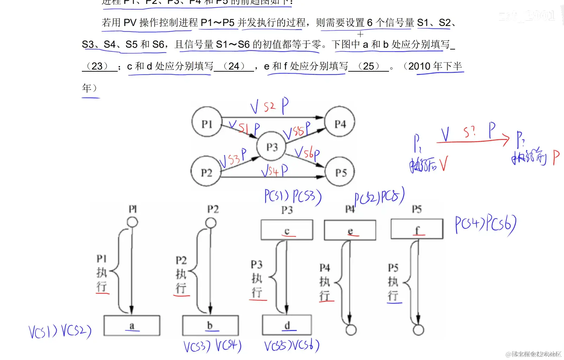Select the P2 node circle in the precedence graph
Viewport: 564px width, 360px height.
(x=206, y=172)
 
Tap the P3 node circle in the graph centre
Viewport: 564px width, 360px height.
(x=272, y=146)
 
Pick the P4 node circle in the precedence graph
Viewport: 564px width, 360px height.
(x=340, y=122)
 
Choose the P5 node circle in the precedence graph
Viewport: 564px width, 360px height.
(x=340, y=172)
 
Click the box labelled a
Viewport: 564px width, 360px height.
(x=132, y=326)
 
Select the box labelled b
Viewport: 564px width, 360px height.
(x=210, y=326)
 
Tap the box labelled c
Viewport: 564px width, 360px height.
(x=287, y=230)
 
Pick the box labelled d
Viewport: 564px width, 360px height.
(x=287, y=325)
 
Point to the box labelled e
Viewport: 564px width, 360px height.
(x=350, y=230)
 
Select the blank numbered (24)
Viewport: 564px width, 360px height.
(x=234, y=66)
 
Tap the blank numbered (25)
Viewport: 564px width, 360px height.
(x=369, y=66)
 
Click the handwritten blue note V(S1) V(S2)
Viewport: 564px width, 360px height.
(x=60, y=332)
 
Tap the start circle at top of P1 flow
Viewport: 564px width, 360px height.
(x=132, y=222)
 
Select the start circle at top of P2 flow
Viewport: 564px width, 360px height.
(x=211, y=223)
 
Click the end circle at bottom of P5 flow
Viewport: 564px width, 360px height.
(x=418, y=330)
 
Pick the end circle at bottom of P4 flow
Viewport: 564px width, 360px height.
(x=351, y=330)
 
